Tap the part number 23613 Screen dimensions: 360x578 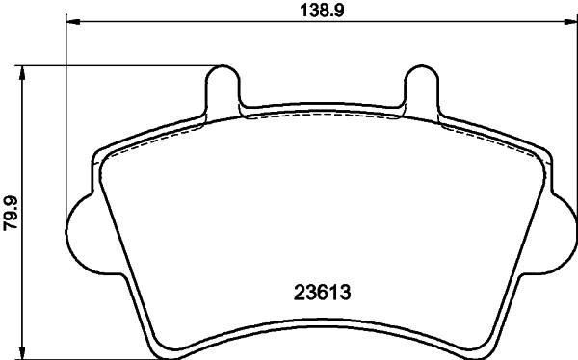tap(319, 289)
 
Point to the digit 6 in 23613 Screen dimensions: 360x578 tap(319, 289)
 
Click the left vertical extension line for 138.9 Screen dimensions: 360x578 tap(66, 116)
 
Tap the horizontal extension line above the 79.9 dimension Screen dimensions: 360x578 tap(116, 65)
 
